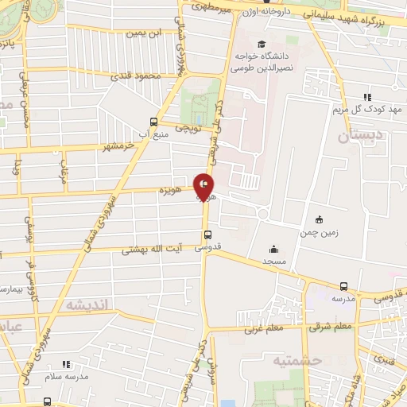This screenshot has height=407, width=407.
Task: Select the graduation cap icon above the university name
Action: [262, 44]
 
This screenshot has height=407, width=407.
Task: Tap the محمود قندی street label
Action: [136, 76]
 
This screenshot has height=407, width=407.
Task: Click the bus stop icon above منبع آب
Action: [153, 122]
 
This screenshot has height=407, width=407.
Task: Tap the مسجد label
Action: [275, 261]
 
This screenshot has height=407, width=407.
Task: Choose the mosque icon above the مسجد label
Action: [275, 248]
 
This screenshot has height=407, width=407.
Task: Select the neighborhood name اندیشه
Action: [86, 304]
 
